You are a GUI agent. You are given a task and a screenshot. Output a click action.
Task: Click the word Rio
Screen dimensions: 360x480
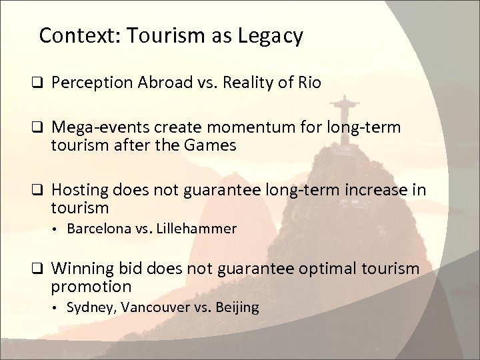(307, 84)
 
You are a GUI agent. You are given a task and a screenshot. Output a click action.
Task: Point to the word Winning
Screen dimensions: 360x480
(79, 269)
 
